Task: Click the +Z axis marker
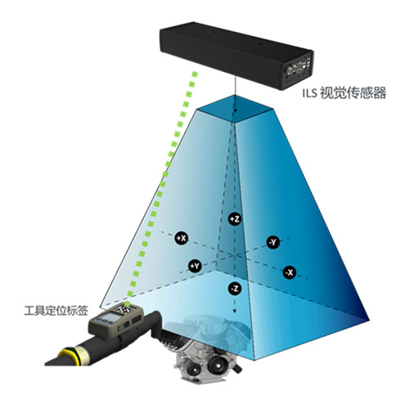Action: tap(235, 218)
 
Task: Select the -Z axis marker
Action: tap(235, 289)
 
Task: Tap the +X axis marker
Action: tap(182, 238)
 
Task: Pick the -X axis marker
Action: tap(290, 272)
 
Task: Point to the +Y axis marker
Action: tap(196, 266)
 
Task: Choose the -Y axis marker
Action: tap(273, 242)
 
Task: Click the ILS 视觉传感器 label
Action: tap(344, 93)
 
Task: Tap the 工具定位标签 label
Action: tap(56, 311)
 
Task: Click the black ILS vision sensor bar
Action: tap(236, 56)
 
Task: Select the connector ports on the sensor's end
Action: tap(298, 68)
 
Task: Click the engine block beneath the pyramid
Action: tap(207, 350)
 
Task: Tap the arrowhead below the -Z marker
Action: tap(235, 311)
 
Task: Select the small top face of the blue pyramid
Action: tap(235, 108)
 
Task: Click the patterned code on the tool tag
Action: tap(125, 309)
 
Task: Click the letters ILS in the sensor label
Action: tap(310, 93)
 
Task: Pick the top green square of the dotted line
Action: tap(195, 74)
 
